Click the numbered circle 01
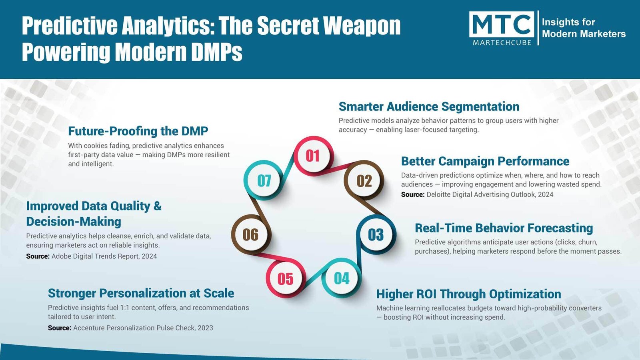(314, 156)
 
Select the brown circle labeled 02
(364, 180)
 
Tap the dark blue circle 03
(376, 235)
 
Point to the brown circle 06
(250, 235)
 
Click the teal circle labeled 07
(264, 180)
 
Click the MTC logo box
(502, 25)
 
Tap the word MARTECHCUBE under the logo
(502, 42)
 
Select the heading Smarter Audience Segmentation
(429, 106)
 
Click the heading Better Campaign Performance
(485, 161)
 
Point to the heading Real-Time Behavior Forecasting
(504, 228)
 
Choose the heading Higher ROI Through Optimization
(468, 294)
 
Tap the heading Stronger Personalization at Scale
(141, 293)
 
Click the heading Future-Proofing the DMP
(138, 131)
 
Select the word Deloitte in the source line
(438, 194)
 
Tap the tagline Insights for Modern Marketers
(584, 28)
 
